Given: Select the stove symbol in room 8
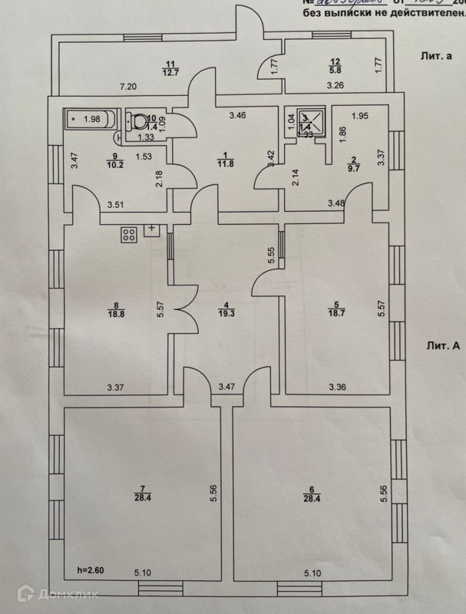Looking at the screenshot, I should tap(128, 236).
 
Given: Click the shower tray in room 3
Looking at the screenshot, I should tap(306, 121).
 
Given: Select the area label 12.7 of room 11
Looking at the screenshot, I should tap(170, 73).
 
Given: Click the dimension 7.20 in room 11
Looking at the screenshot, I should tap(126, 87).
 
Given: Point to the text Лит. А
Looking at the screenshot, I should tap(444, 345).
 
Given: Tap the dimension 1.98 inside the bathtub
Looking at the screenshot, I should tap(94, 118).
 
